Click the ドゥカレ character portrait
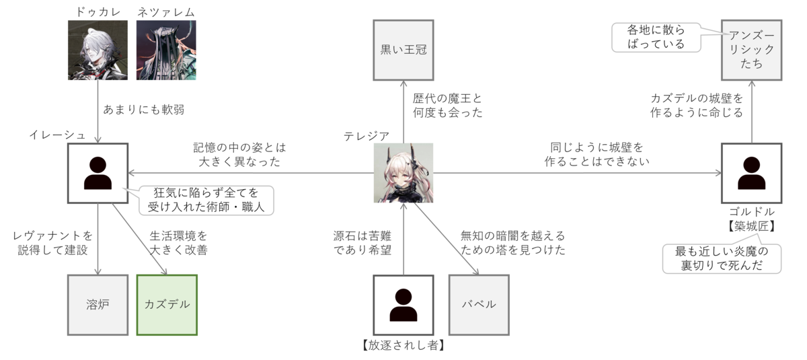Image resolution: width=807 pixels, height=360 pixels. point(98,50)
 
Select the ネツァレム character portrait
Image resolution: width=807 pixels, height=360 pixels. point(166,50)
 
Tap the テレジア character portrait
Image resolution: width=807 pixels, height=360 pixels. point(403,173)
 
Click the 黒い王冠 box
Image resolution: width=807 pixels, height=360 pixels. point(403,50)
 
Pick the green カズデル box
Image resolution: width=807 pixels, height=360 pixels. point(167,304)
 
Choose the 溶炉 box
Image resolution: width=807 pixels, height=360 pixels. point(98,304)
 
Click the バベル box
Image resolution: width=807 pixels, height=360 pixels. point(478,304)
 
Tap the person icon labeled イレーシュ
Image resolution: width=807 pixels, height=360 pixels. point(98,173)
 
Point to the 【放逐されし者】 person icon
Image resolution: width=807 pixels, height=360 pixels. point(403,304)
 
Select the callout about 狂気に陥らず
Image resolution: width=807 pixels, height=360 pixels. point(206,200)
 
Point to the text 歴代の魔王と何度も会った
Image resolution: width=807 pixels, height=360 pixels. point(447,106)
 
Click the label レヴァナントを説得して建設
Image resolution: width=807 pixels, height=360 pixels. point(53,244)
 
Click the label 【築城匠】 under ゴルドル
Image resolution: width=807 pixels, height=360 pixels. point(751,226)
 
